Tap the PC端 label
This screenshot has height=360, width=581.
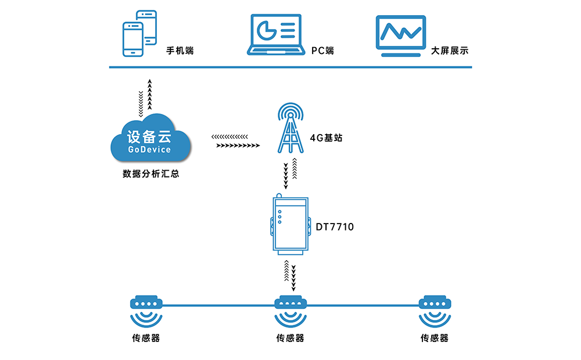(x=322, y=51)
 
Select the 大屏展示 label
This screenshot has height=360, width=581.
(x=450, y=51)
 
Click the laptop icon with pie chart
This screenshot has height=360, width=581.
(x=276, y=35)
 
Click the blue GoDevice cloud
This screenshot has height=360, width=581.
(x=150, y=141)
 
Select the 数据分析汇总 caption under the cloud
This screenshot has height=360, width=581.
(x=150, y=173)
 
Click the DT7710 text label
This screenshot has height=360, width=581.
(x=335, y=226)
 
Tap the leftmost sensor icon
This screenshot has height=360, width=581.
(x=145, y=312)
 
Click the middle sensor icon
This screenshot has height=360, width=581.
(x=290, y=312)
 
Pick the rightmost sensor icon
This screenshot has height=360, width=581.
(x=435, y=312)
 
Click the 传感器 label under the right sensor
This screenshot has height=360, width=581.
(x=435, y=339)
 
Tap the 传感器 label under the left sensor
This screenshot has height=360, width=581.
(x=145, y=339)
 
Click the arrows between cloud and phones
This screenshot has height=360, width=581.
(x=145, y=97)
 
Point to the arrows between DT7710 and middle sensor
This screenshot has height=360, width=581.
(x=290, y=275)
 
